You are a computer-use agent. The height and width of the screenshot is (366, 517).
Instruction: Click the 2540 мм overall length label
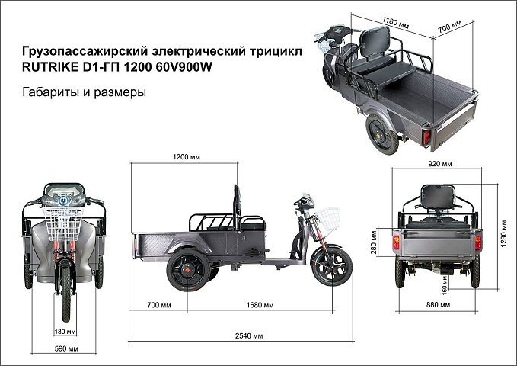point(249,336)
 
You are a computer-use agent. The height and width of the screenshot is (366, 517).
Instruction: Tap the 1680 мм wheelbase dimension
point(260,305)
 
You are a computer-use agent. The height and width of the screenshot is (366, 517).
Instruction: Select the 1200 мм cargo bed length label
point(187,156)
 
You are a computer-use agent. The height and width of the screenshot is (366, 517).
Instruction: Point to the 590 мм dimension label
point(66,348)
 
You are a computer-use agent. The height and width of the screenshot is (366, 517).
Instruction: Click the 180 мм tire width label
point(65,331)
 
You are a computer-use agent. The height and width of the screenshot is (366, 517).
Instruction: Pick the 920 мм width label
point(440,163)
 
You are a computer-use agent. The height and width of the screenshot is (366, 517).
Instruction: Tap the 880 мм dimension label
point(438,304)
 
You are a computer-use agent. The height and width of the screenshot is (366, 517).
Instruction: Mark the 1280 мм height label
point(504,233)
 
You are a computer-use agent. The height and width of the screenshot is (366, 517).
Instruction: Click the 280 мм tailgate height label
point(374,242)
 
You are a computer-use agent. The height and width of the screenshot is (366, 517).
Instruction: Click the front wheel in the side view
point(332,267)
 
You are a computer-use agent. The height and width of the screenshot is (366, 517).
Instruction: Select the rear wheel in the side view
point(188,270)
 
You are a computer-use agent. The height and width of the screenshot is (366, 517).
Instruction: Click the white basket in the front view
point(63,224)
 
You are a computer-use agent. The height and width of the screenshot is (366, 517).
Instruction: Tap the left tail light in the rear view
point(396,242)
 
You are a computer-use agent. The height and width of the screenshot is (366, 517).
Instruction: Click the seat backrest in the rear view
point(438,197)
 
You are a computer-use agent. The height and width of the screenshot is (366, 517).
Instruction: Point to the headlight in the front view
point(63,201)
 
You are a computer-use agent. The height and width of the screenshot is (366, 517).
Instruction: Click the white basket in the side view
point(327,219)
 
